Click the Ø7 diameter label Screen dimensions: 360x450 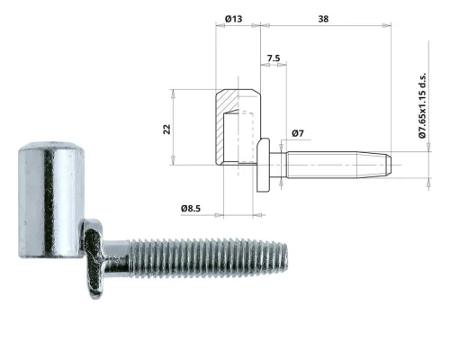299,134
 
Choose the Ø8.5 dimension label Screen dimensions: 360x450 191,209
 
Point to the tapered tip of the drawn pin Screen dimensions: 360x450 385,164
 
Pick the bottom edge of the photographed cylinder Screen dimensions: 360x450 50,255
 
